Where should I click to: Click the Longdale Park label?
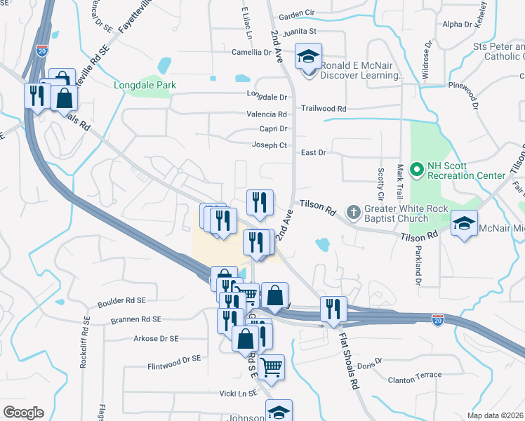tap(145, 86)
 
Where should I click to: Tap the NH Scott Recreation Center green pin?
tap(416, 169)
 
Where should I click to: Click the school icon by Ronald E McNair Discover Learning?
tap(307, 58)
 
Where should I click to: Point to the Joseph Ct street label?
tap(270, 145)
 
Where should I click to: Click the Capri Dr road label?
tap(274, 129)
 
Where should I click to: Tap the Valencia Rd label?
tap(267, 114)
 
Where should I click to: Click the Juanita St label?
tap(298, 31)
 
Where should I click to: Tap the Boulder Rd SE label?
tap(122, 300)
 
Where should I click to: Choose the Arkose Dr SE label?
tap(156, 338)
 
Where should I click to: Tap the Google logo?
tap(23, 412)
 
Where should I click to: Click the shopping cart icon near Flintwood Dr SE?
tap(271, 366)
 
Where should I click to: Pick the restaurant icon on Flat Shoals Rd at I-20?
tap(333, 309)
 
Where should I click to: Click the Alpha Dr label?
tap(458, 25)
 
